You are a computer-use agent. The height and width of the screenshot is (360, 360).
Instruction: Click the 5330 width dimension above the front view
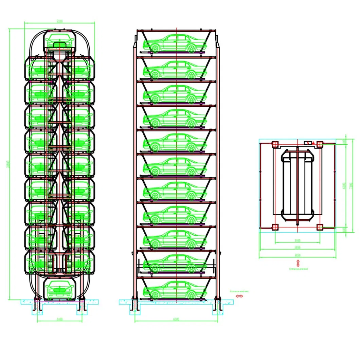click(59, 21)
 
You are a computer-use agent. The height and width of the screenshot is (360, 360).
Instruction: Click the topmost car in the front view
click(60, 41)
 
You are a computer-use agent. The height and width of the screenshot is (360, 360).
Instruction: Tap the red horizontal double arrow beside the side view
click(239, 296)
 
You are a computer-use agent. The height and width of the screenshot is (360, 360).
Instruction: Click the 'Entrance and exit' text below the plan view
click(298, 269)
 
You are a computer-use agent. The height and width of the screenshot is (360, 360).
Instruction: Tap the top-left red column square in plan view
click(275, 144)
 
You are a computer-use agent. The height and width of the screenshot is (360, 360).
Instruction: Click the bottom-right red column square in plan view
click(320, 227)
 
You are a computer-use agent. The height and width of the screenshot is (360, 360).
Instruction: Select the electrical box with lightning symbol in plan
click(308, 143)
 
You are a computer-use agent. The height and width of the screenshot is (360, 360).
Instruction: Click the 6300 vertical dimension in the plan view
click(344, 185)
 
